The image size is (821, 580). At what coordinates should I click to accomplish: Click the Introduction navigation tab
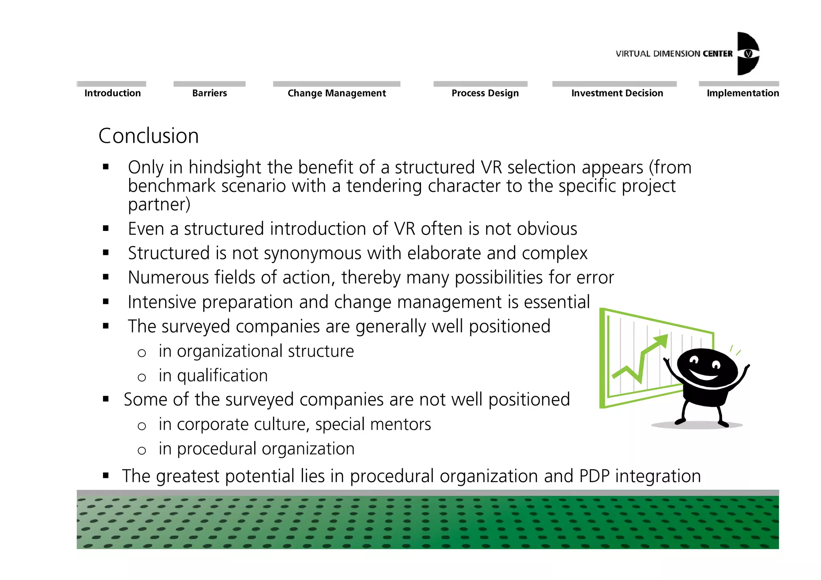[x=113, y=93]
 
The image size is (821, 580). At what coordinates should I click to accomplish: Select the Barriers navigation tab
[x=209, y=93]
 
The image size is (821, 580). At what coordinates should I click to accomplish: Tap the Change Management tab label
[x=337, y=93]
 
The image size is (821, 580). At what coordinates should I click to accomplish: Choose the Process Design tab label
[x=485, y=93]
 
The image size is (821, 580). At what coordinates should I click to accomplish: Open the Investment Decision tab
[x=617, y=93]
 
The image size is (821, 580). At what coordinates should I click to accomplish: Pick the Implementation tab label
[x=742, y=93]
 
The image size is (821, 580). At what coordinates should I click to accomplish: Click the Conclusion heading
[x=149, y=136]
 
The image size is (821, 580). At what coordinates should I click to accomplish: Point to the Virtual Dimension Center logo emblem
[x=748, y=54]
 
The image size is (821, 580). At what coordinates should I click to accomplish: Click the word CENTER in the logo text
[x=718, y=54]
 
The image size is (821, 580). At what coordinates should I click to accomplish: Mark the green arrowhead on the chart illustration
[x=660, y=342]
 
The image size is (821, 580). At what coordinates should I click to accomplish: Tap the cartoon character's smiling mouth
[x=704, y=376]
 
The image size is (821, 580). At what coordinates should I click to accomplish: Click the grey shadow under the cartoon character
[x=697, y=425]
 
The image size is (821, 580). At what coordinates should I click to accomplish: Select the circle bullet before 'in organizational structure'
[x=142, y=353]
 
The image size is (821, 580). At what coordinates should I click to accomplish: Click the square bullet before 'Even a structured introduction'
[x=106, y=229]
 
